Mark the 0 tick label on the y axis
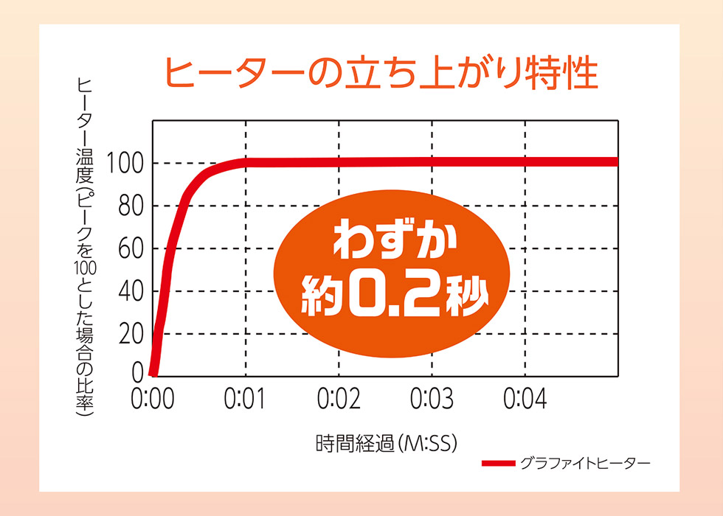click(x=137, y=373)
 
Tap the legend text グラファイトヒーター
click(x=585, y=464)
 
